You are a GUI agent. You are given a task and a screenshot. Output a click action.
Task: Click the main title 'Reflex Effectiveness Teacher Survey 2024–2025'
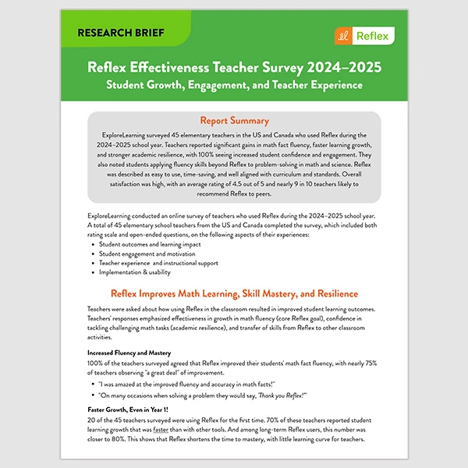(x=234, y=66)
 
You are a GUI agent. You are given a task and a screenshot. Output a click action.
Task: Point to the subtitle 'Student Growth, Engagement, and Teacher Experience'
(x=234, y=84)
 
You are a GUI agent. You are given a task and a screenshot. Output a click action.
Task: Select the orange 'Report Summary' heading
(x=234, y=121)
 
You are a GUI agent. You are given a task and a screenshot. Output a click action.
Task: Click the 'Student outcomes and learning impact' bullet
(x=149, y=244)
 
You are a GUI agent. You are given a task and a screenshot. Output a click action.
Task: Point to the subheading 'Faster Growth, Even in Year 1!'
(x=127, y=409)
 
